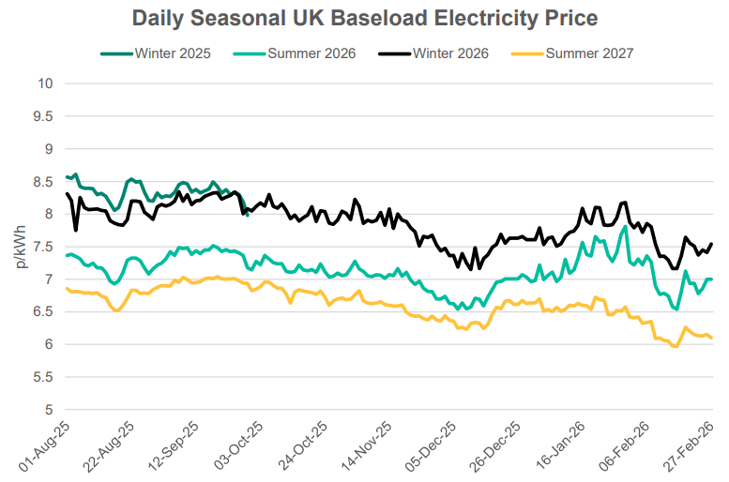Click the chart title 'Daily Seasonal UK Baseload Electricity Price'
tap(364, 19)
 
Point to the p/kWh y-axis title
tap(21, 246)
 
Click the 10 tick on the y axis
tap(44, 83)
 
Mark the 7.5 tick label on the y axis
tap(41, 247)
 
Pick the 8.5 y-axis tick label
tap(41, 181)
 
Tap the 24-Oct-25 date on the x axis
tap(301, 448)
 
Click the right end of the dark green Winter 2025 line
tap(247, 215)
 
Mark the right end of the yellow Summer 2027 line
tap(711, 338)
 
